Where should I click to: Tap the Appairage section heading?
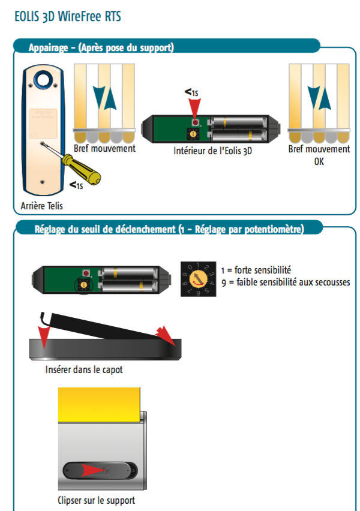point(101,47)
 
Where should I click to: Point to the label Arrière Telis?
point(40,206)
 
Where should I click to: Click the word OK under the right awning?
point(319,161)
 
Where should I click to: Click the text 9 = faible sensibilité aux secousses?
point(285,282)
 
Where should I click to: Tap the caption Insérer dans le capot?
point(84,369)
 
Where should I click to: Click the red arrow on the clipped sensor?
point(98,471)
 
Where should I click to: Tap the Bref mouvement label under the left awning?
point(104,148)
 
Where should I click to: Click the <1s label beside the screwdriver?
point(76,185)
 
